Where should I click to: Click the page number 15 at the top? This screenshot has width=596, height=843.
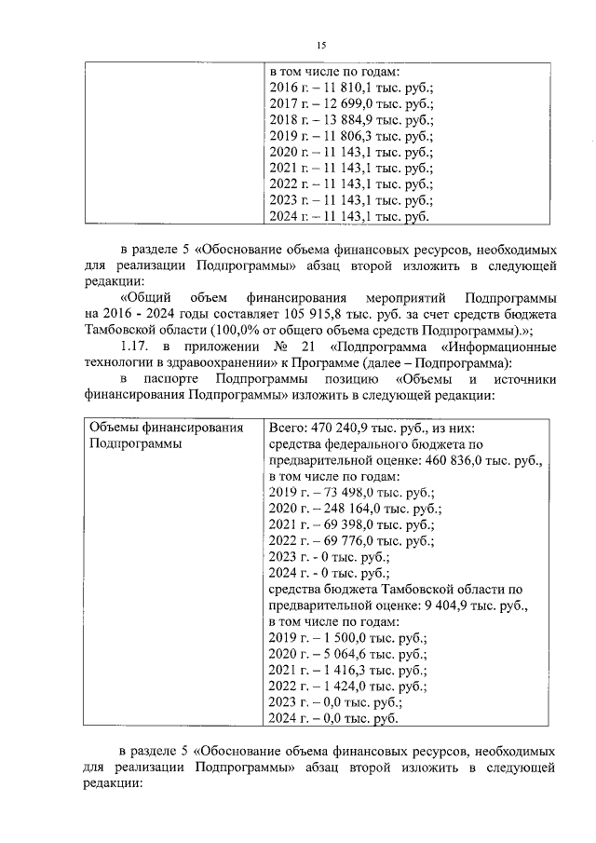point(321,46)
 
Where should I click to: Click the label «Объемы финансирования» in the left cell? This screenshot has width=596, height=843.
point(167,428)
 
